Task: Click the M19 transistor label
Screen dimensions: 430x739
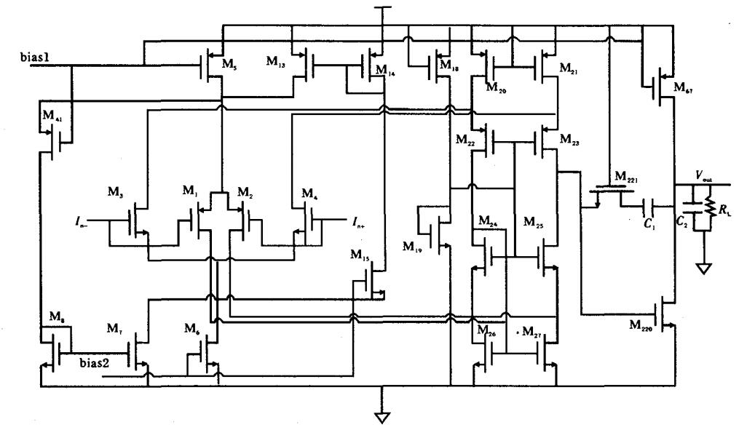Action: click(411, 247)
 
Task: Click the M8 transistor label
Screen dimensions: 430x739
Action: click(47, 318)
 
